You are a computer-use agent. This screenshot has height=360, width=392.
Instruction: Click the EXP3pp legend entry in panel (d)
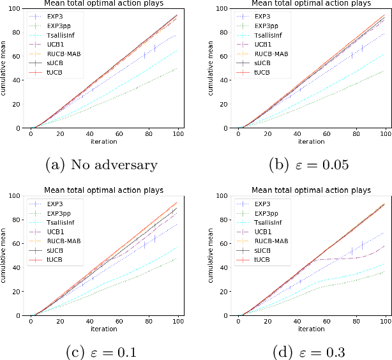click(272, 212)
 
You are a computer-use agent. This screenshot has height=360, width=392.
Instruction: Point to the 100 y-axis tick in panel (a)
click(19, 8)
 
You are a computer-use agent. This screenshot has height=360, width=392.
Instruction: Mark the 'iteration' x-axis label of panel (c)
click(104, 329)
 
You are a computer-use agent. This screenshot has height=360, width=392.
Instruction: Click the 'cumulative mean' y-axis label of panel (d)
click(213, 255)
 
